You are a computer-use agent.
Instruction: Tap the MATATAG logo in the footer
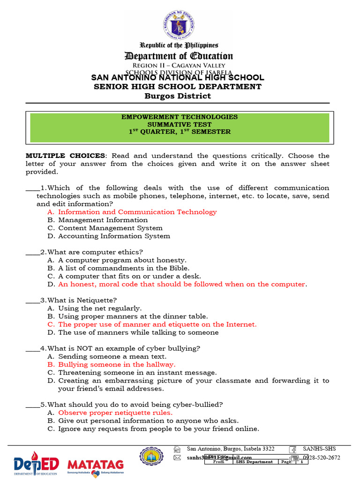96,465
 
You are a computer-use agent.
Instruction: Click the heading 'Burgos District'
178,96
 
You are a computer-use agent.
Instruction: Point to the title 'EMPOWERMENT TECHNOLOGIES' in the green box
180,117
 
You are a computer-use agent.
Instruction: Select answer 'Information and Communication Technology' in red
137,212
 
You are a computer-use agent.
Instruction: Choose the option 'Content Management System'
110,228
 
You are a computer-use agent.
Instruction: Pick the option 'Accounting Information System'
114,236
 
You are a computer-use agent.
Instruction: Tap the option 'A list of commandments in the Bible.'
124,268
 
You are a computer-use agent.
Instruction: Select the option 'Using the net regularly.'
99,308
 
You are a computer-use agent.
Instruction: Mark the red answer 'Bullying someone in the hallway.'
117,364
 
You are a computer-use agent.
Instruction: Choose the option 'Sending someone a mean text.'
112,356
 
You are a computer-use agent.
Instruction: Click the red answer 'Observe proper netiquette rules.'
115,413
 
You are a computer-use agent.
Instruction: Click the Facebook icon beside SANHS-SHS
292,449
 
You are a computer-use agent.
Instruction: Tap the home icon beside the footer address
177,449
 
